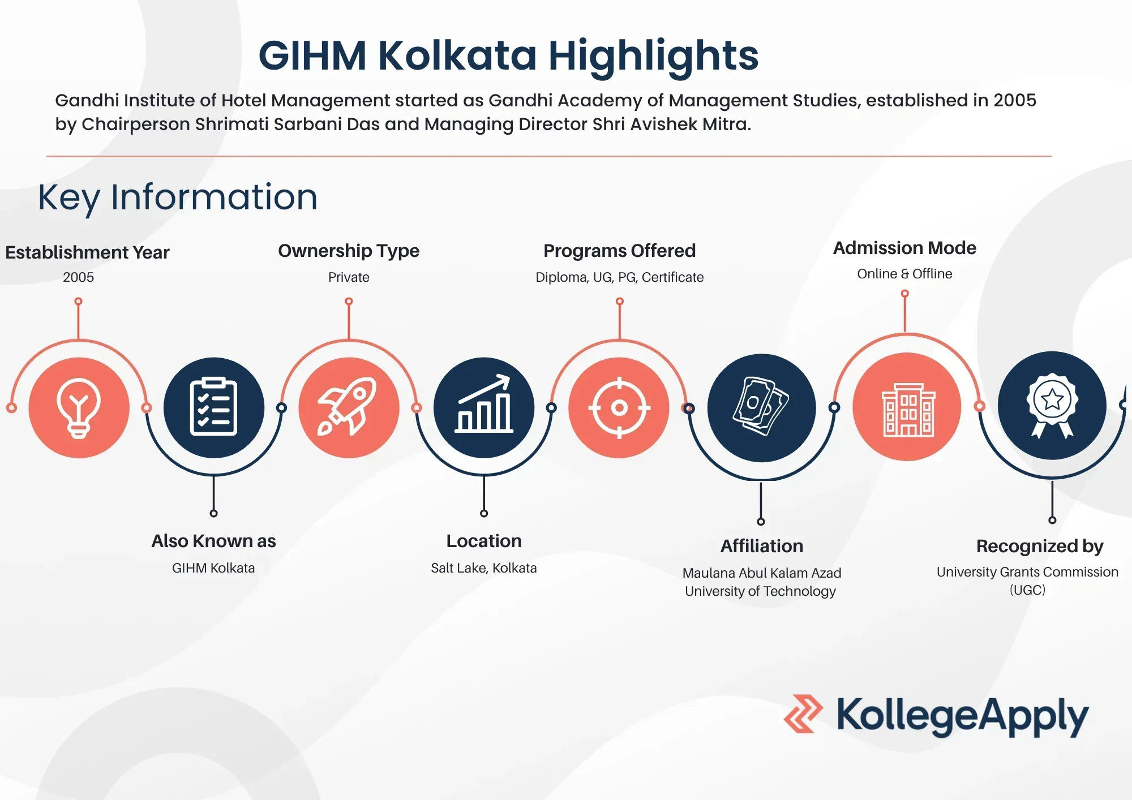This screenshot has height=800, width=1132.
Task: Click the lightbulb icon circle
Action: tap(79, 407)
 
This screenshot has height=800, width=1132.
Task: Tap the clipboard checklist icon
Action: tap(213, 407)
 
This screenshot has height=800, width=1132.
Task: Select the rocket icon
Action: tap(347, 406)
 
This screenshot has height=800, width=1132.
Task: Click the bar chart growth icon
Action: tap(484, 404)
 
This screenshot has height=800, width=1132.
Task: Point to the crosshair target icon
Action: tap(619, 407)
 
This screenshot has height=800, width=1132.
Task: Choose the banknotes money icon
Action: tap(761, 406)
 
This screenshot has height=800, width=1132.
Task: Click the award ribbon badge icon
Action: tap(1052, 405)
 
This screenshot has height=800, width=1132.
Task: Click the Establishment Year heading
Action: tap(87, 252)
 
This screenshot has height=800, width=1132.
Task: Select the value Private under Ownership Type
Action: tap(349, 277)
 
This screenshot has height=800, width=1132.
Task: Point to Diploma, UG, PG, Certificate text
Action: tap(619, 277)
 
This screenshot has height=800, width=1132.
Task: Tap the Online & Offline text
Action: tap(904, 274)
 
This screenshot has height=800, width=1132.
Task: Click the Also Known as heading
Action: tap(213, 541)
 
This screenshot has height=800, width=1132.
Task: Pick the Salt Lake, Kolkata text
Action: tap(483, 568)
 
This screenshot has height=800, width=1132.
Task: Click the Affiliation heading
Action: tap(761, 546)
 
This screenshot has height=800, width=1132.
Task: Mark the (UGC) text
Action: tap(1027, 590)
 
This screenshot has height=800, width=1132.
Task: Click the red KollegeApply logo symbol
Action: tap(803, 714)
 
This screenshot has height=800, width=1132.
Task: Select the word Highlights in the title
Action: tap(653, 57)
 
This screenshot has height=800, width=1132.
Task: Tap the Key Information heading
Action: tap(178, 198)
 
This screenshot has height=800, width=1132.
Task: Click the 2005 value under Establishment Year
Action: tap(78, 277)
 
